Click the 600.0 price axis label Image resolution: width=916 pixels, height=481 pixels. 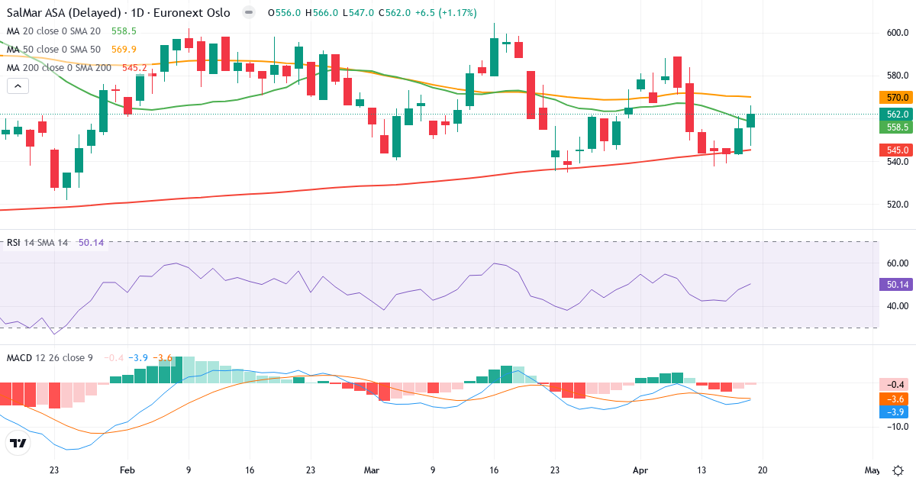pos(897,32)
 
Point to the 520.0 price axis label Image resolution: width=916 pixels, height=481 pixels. pos(897,205)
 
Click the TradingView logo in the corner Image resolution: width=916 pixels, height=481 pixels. pos(18,443)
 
